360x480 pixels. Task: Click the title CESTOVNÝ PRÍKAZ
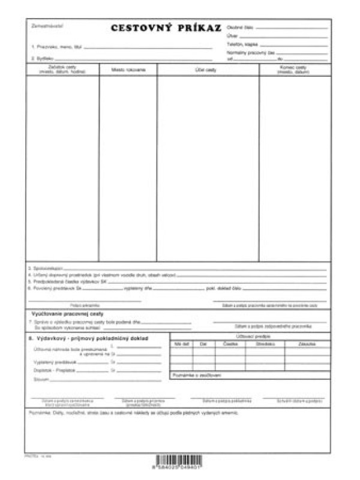click(x=166, y=28)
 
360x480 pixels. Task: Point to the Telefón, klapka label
click(x=242, y=44)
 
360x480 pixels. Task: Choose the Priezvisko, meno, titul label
click(x=55, y=46)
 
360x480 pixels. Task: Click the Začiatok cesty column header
click(x=62, y=68)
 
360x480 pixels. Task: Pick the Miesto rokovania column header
click(x=128, y=70)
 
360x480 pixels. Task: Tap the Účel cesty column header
click(x=208, y=70)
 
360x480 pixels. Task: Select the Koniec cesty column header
click(x=295, y=68)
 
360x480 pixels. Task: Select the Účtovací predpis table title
click(x=250, y=337)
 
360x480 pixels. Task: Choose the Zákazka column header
click(x=307, y=344)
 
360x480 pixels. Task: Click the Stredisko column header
click(x=265, y=344)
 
